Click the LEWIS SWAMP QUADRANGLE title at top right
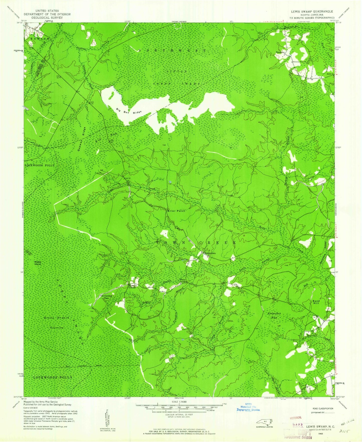[311, 12]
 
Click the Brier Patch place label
[176, 211]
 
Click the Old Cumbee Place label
[106, 297]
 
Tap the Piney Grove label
[182, 281]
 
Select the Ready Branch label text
[57, 318]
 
